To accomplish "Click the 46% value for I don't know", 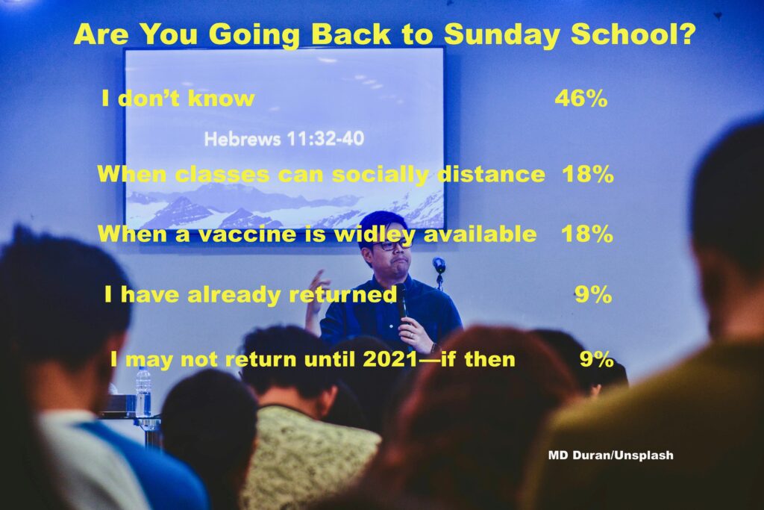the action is coord(580,99).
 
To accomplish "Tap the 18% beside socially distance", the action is coord(588,174).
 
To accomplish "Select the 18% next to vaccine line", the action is coord(587,234).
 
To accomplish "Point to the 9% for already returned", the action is coord(593,294).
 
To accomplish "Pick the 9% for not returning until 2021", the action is coord(596,359).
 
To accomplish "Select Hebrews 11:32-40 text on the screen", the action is coord(284,139).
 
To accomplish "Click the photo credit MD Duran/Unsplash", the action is coord(610,455).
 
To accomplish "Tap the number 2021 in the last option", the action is coord(389,360).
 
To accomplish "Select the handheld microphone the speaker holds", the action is coord(402,302).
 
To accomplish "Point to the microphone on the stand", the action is coord(439,265).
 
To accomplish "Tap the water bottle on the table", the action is coord(143,393).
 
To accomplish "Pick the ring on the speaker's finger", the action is coord(412,335).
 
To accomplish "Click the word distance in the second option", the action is coord(492,174).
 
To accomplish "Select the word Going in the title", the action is coord(254,35).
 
